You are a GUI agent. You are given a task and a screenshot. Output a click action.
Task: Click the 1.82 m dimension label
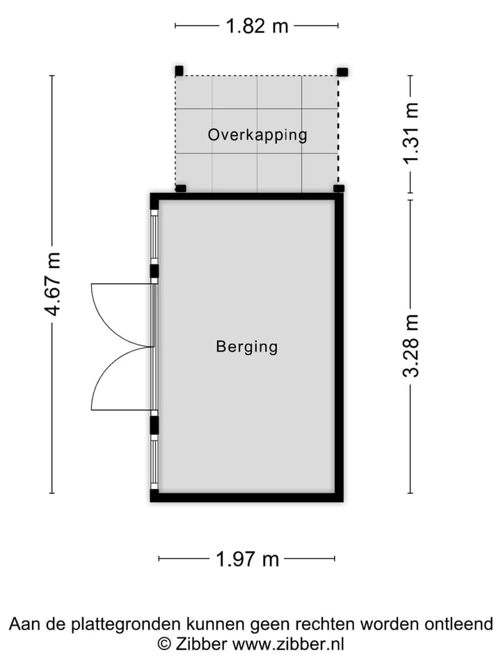[x=257, y=26]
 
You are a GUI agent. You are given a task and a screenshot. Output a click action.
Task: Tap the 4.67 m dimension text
[x=53, y=284]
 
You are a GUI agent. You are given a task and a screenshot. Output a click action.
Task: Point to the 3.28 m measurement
[x=411, y=345]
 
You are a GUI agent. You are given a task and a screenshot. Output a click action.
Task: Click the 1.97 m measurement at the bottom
[x=247, y=558]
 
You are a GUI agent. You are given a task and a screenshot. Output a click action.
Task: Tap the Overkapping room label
[x=257, y=134]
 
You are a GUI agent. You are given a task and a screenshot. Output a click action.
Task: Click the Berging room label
[x=246, y=346]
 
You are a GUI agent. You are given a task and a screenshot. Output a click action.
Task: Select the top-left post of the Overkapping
[x=179, y=70]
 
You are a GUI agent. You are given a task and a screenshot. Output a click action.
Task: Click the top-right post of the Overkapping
[x=342, y=71]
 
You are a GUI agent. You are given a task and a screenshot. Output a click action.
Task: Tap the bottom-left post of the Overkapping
[x=180, y=188]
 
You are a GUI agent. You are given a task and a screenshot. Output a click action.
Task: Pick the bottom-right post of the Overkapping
[x=338, y=188]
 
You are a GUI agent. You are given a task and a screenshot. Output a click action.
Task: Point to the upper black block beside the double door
[x=154, y=271]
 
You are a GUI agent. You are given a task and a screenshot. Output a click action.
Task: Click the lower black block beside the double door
[x=154, y=424]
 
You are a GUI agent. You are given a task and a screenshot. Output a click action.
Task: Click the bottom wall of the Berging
[x=247, y=497]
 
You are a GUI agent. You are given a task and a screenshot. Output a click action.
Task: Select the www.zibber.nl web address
[x=287, y=644]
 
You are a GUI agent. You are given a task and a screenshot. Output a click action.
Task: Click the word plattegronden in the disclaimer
[x=132, y=623]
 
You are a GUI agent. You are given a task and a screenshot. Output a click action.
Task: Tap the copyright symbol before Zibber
[x=164, y=644]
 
